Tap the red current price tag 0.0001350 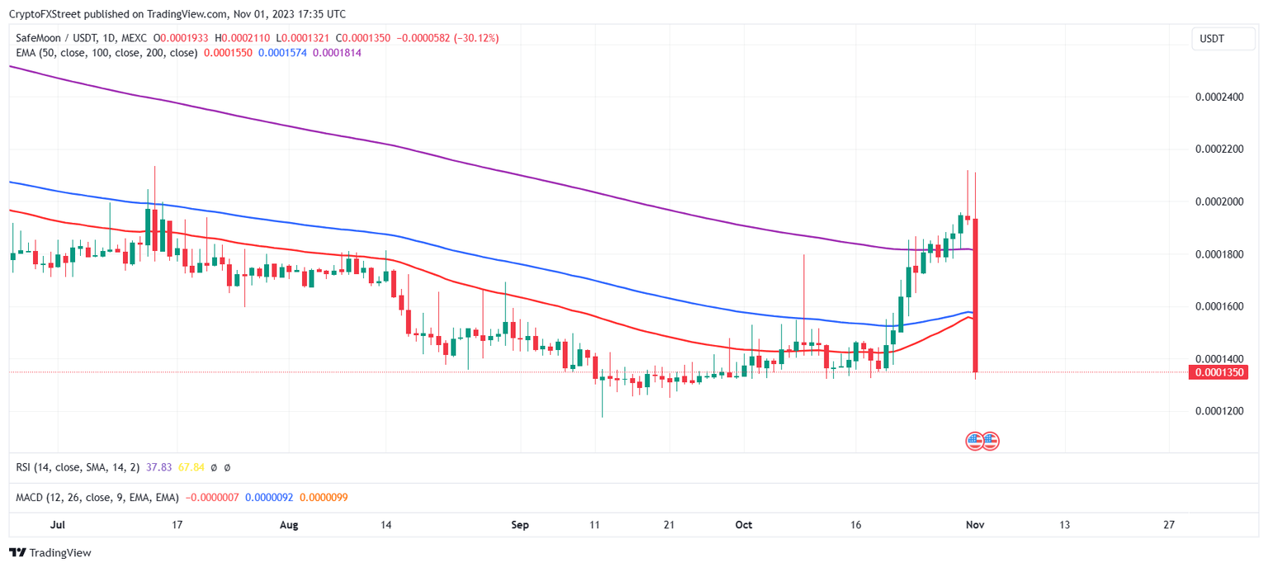point(1218,372)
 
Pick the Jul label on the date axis point(58,524)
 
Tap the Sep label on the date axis point(520,524)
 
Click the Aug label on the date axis point(288,524)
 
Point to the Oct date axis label point(744,524)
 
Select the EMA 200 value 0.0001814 point(337,53)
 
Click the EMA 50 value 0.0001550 point(228,53)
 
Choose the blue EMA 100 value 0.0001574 point(282,53)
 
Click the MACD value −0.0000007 point(214,497)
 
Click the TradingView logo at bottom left point(50,553)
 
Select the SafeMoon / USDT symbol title point(54,38)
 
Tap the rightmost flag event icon point(990,441)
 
